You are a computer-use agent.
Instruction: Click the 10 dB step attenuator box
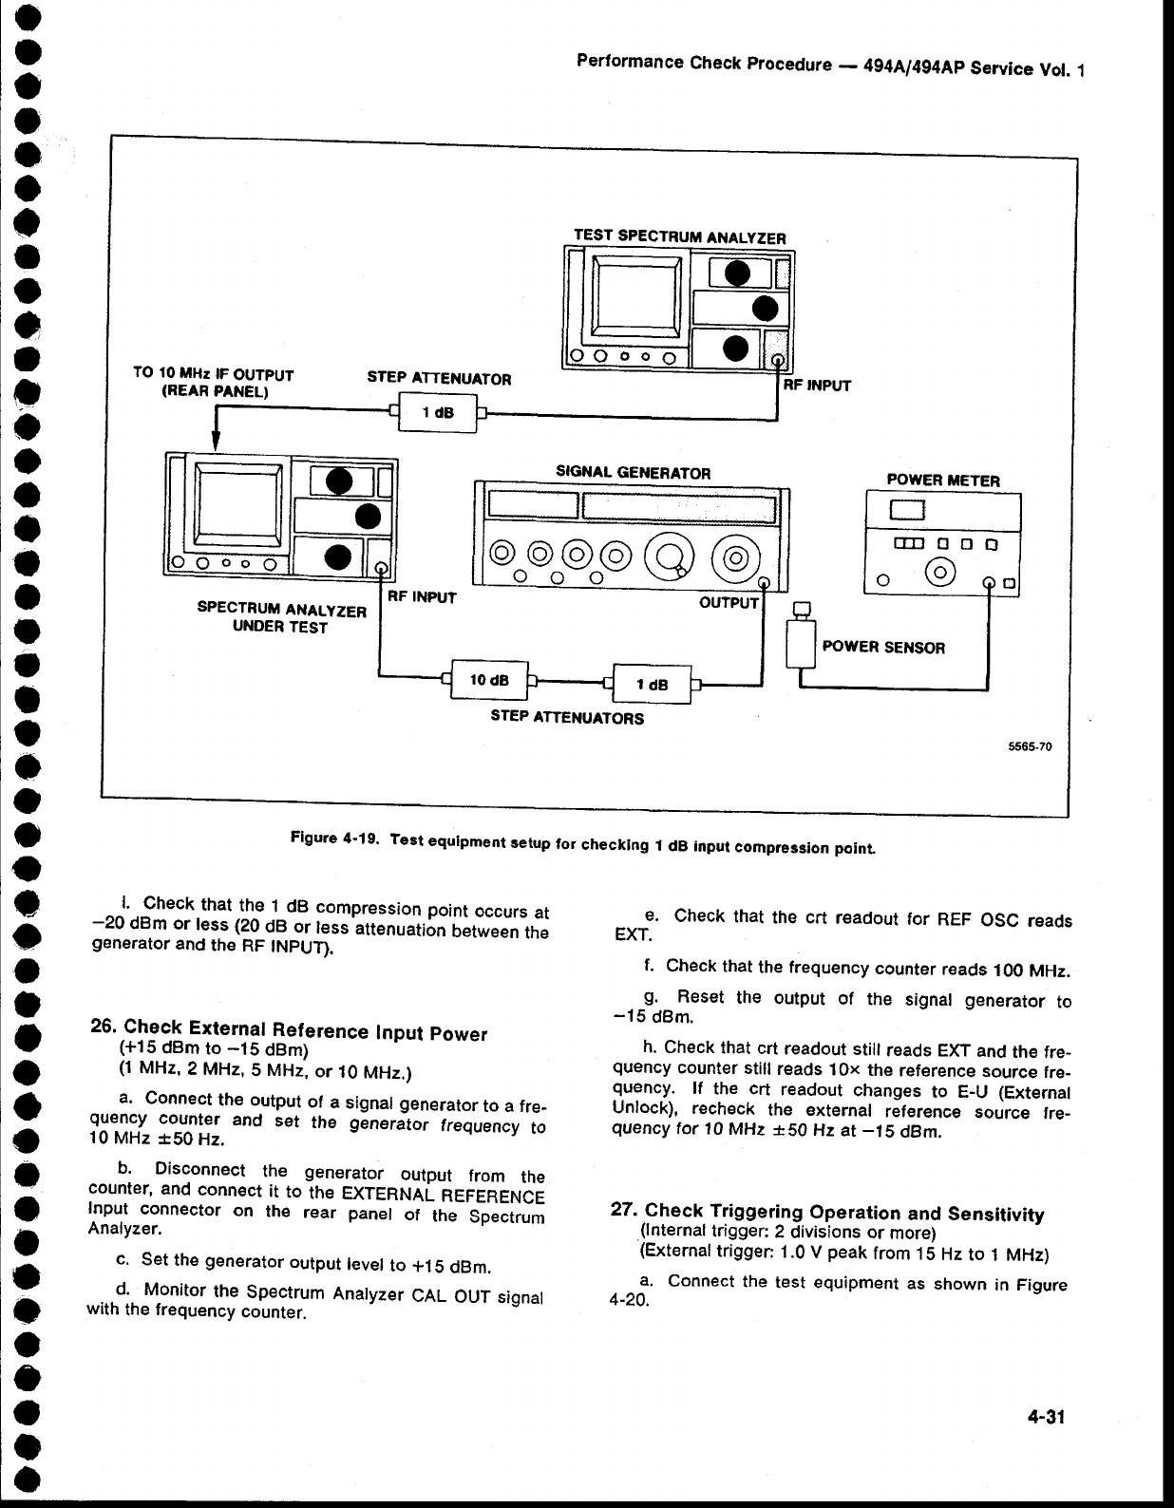click(488, 680)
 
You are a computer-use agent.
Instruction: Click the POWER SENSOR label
click(883, 648)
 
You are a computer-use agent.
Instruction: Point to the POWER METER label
click(942, 481)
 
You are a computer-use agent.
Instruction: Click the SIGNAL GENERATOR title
click(633, 472)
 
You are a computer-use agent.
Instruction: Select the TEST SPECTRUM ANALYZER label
click(680, 237)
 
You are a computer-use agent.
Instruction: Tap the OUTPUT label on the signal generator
click(729, 603)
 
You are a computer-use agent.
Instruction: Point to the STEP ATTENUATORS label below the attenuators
click(566, 718)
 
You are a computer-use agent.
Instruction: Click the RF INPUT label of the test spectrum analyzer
click(816, 386)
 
